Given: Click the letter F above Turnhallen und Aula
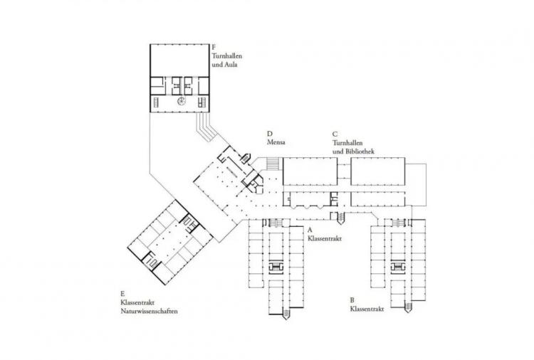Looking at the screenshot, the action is pyautogui.click(x=214, y=47).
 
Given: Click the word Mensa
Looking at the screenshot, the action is pyautogui.click(x=276, y=142).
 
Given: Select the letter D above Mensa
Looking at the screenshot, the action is pyautogui.click(x=270, y=134).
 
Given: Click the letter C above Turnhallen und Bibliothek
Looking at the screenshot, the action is pyautogui.click(x=335, y=134).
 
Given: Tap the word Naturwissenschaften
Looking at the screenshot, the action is pyautogui.click(x=150, y=311).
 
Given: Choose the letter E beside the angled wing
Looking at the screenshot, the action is pyautogui.click(x=122, y=294).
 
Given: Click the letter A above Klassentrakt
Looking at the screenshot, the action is pyautogui.click(x=310, y=230).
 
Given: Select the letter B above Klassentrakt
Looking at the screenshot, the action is pyautogui.click(x=352, y=300).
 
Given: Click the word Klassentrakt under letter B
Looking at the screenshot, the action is pyautogui.click(x=367, y=309).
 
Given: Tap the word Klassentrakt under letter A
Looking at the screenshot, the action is pyautogui.click(x=325, y=238).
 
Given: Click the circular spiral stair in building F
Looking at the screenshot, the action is pyautogui.click(x=181, y=101).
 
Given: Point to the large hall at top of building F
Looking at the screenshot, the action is pyautogui.click(x=179, y=60).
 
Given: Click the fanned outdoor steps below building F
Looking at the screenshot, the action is pyautogui.click(x=205, y=127).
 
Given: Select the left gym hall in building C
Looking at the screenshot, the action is pyautogui.click(x=310, y=171).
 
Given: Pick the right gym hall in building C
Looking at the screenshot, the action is pyautogui.click(x=377, y=171).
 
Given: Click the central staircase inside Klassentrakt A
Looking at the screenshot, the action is pyautogui.click(x=276, y=267).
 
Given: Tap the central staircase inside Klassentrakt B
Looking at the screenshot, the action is pyautogui.click(x=397, y=267).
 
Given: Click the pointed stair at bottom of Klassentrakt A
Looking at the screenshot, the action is pyautogui.click(x=286, y=314).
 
